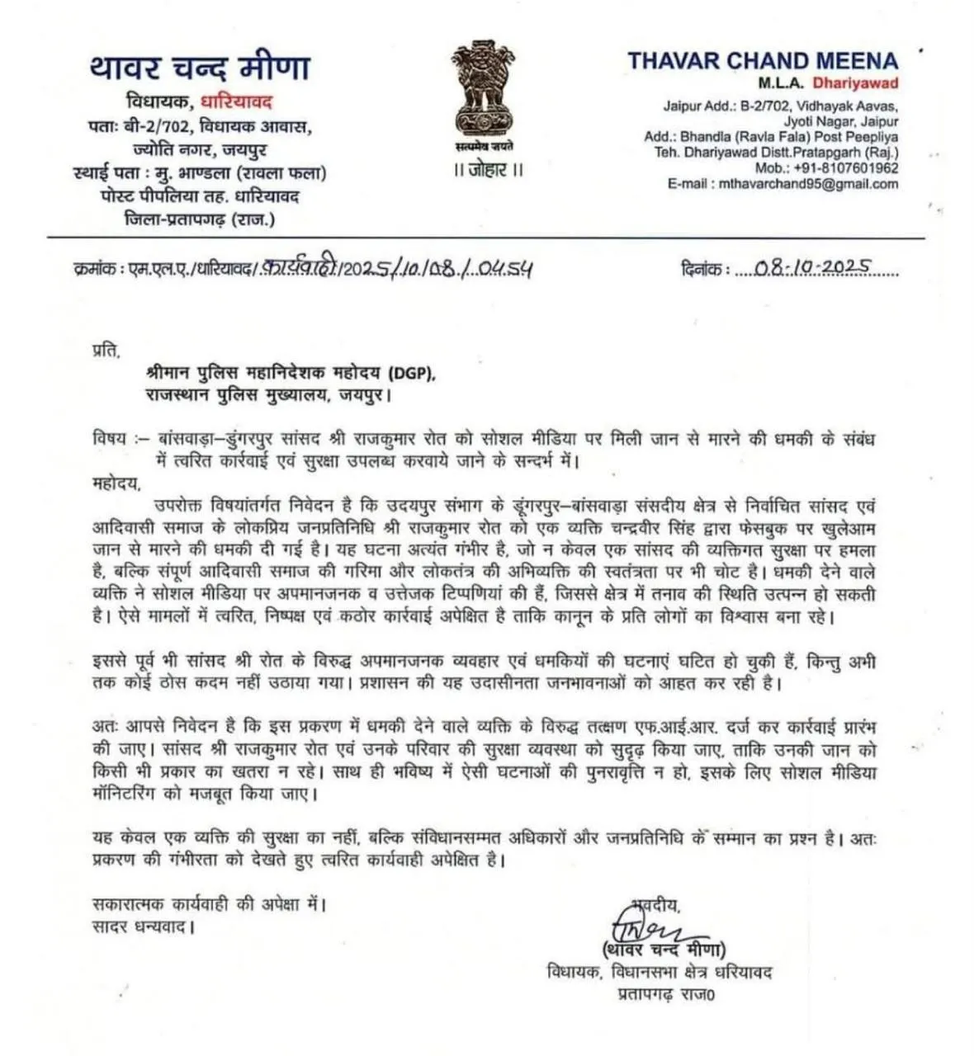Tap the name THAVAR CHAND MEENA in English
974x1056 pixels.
coord(762,60)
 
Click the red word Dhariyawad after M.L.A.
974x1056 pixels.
coord(855,82)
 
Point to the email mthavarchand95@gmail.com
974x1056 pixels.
coord(806,184)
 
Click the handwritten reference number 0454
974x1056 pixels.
coord(504,268)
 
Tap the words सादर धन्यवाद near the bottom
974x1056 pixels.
coord(142,926)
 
